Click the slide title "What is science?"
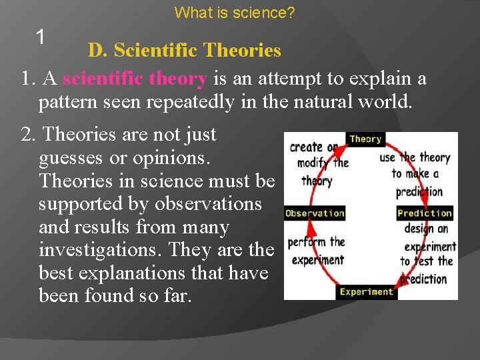(x=235, y=12)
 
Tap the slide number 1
(x=41, y=37)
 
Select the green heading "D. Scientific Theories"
(x=185, y=50)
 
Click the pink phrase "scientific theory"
(x=135, y=79)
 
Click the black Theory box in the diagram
(x=365, y=139)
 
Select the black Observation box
(x=315, y=213)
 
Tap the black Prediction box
(x=424, y=213)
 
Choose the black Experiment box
(x=367, y=291)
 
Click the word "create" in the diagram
(x=307, y=147)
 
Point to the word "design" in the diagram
(x=418, y=229)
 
